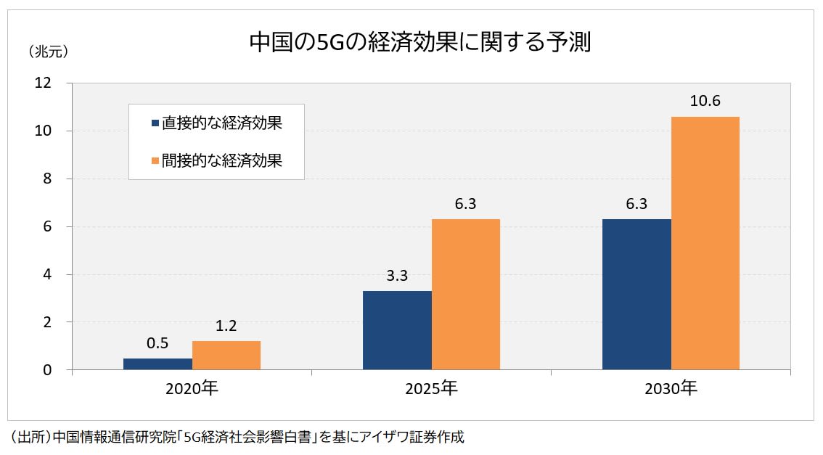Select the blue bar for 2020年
[157, 364]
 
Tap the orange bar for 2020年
[226, 356]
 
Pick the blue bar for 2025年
[397, 330]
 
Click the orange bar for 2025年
[465, 295]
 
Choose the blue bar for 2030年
[636, 295]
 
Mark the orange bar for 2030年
[705, 243]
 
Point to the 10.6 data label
[705, 102]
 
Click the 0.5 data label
[157, 343]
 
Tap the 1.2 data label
[226, 327]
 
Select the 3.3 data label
[397, 276]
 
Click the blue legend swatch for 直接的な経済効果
[155, 123]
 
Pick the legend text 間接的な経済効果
[221, 160]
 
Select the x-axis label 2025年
[431, 389]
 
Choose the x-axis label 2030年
[671, 389]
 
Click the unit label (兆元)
[48, 52]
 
